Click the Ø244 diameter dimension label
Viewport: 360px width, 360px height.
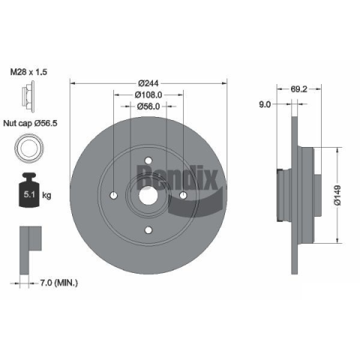point(148,83)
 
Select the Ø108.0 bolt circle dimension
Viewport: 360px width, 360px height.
point(148,95)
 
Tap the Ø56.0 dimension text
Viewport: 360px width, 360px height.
point(148,106)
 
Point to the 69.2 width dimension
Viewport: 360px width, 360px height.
point(298,89)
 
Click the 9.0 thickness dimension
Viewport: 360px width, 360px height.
point(265,104)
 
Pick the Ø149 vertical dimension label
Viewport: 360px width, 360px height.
point(337,195)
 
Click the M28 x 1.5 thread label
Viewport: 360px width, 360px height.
point(28,72)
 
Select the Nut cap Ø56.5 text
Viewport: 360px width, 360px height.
point(30,123)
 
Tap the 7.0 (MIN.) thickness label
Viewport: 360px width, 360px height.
point(59,283)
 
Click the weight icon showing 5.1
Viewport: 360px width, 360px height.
point(29,190)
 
